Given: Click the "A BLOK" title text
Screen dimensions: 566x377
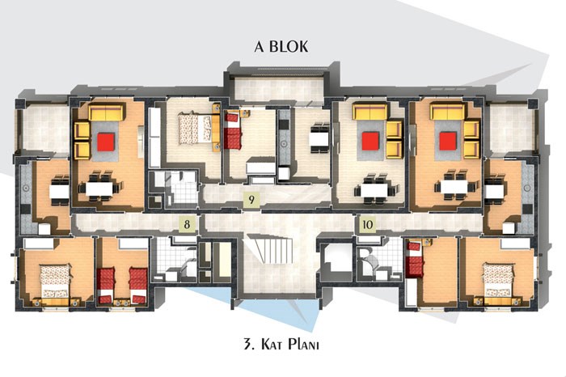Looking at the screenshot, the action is pos(281,47).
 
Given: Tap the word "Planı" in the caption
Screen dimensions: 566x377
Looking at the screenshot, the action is pos(304,344).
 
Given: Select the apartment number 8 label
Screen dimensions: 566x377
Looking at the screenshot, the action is pos(187,224).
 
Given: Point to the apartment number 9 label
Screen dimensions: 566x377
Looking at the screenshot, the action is pos(251,200).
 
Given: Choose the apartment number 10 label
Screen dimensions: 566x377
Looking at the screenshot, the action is pos(367,225).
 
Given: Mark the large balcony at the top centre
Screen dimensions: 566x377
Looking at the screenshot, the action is pos(279,88).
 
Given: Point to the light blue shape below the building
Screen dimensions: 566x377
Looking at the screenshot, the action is pos(274,306).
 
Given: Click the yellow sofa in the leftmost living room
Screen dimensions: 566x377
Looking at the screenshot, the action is pos(106,112).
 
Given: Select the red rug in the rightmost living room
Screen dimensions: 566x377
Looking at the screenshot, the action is pos(448,142).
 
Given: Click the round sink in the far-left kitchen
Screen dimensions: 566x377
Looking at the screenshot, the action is pos(26,188).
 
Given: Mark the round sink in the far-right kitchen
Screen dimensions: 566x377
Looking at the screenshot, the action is pos(527,188).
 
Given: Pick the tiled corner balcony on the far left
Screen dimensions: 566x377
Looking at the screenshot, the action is pos(45,129).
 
